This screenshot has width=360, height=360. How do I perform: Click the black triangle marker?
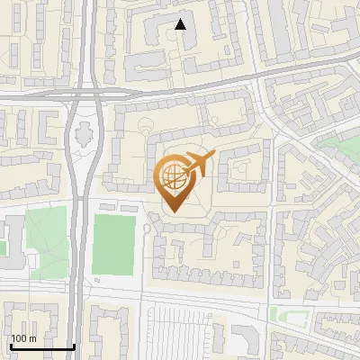pos(181,24)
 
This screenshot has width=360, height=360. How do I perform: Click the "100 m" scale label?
pos(24,338)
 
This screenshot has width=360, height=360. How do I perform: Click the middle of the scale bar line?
pos(42,347)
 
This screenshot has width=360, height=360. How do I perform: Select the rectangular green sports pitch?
pos(113,246)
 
